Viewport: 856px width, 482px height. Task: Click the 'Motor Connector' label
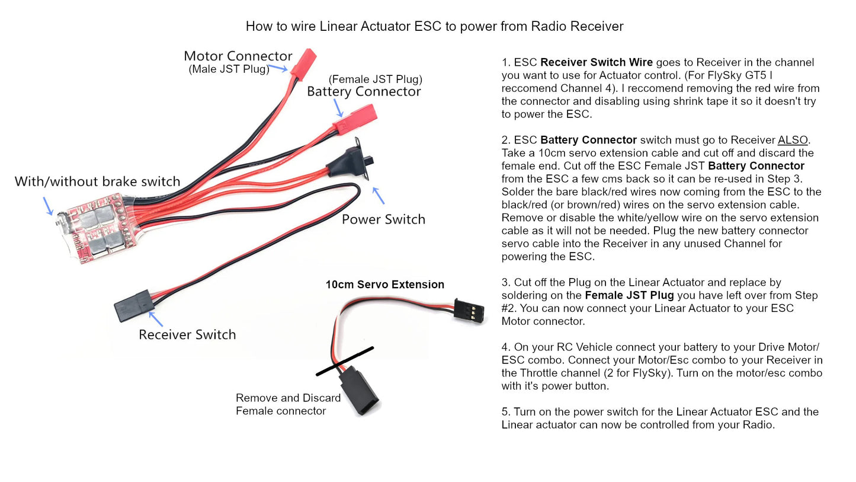[238, 56]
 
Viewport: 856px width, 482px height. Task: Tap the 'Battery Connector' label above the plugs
[364, 92]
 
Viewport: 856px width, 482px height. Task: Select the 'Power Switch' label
[383, 219]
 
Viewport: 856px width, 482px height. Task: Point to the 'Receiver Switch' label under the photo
[187, 335]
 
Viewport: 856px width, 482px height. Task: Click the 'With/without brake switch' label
[97, 181]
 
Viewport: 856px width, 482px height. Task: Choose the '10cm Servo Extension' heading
[384, 285]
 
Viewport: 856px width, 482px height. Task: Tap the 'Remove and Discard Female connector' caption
[288, 404]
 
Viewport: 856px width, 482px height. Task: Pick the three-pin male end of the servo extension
[469, 309]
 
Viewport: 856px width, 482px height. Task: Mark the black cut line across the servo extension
[345, 361]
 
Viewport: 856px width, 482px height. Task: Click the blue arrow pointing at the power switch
[378, 196]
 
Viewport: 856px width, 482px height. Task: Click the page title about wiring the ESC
[434, 27]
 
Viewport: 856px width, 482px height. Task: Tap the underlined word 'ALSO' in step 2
[793, 141]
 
